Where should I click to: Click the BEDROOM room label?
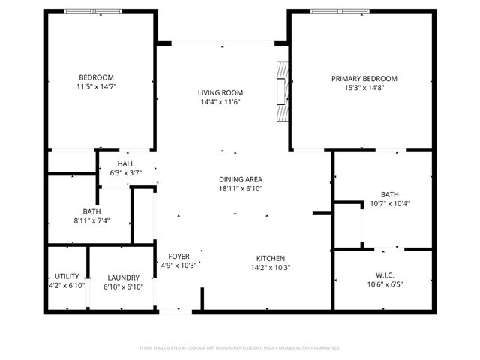coord(96,77)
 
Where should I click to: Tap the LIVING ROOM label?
coord(220,92)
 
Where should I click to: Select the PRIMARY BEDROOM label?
coord(364,78)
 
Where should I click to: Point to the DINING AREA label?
coord(240,179)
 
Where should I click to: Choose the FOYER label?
coord(178,256)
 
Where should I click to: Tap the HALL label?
coord(125,164)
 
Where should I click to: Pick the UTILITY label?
coord(67,276)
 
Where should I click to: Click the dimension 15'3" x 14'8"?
coord(364,87)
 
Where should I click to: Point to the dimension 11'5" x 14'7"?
coord(96,87)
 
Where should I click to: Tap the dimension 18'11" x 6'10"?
coord(240,189)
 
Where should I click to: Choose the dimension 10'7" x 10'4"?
coord(389,203)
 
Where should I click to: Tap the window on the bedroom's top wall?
coord(93,11)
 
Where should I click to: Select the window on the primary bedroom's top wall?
coord(340,11)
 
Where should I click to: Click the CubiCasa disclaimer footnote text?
coord(240,348)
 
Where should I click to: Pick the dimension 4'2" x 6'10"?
coord(67,286)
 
